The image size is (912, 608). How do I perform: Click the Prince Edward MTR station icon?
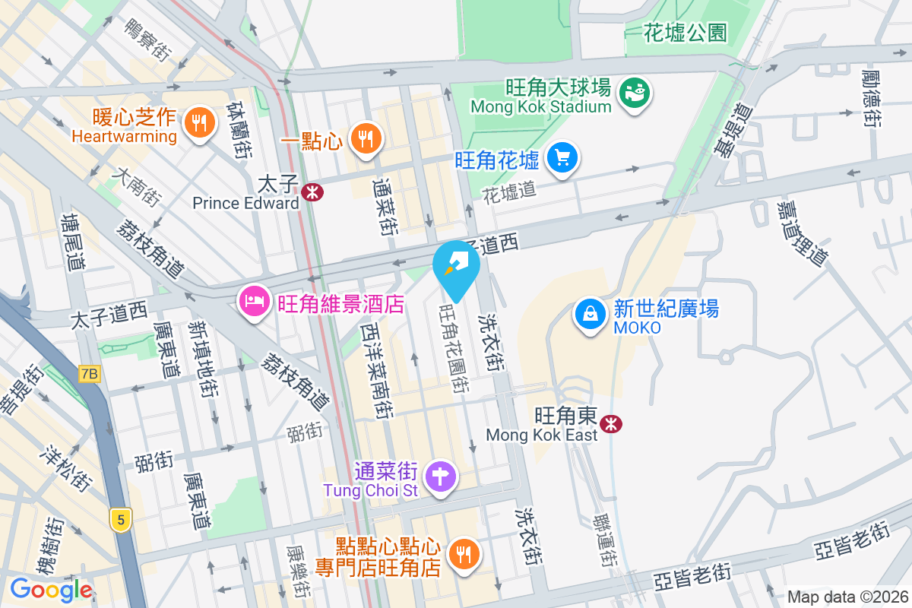point(312,192)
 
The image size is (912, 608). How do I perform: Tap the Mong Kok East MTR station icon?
point(610,424)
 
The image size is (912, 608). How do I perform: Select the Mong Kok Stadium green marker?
point(635,93)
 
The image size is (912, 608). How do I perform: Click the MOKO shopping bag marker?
point(589,313)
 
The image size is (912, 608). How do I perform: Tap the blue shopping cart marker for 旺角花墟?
point(562,158)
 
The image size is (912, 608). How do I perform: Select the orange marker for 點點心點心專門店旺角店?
point(464,554)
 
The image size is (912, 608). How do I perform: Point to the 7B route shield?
point(89,373)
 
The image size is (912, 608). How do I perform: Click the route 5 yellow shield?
point(120,520)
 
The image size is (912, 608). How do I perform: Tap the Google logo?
point(51,589)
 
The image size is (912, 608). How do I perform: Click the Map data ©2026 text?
point(847,597)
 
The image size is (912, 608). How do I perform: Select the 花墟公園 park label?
point(685,33)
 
